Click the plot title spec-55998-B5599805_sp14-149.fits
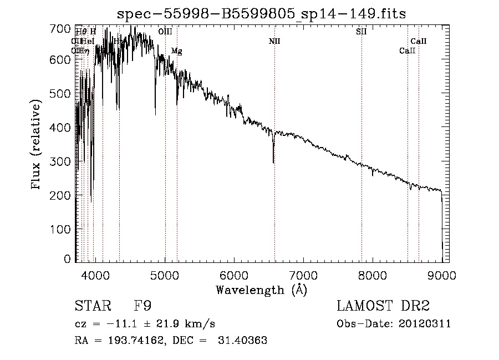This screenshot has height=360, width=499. click(x=261, y=14)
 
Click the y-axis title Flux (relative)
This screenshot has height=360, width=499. click(x=37, y=145)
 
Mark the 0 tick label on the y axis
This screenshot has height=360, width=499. click(x=68, y=259)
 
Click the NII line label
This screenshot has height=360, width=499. click(x=274, y=41)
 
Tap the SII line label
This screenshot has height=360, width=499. click(x=361, y=32)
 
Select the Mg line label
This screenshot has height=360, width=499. click(x=176, y=51)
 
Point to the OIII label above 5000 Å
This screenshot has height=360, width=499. click(x=165, y=32)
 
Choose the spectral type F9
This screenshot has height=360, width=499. click(x=143, y=306)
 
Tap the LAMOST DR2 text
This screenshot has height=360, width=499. click(x=383, y=306)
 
